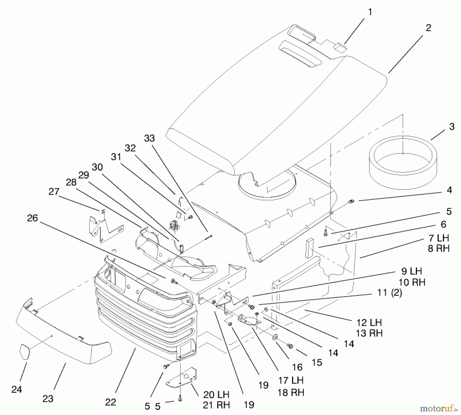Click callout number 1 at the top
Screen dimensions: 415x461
(x=370, y=12)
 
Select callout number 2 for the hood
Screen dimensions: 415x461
(x=428, y=28)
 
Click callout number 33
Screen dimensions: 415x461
(x=150, y=138)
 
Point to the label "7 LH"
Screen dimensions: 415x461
(x=439, y=238)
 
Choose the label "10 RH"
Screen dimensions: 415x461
(x=412, y=282)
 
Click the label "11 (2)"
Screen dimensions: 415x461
(x=390, y=293)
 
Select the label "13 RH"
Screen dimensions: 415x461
(x=369, y=333)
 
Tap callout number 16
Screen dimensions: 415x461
(x=297, y=367)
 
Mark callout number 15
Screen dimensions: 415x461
(x=317, y=362)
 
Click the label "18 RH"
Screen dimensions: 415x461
(x=291, y=392)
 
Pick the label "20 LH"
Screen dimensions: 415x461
(x=216, y=395)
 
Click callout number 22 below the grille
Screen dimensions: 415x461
(x=111, y=402)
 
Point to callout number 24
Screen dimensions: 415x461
(x=17, y=389)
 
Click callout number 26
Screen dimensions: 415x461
(x=33, y=218)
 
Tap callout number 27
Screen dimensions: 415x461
(x=54, y=192)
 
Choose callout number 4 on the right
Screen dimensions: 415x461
(x=449, y=190)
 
